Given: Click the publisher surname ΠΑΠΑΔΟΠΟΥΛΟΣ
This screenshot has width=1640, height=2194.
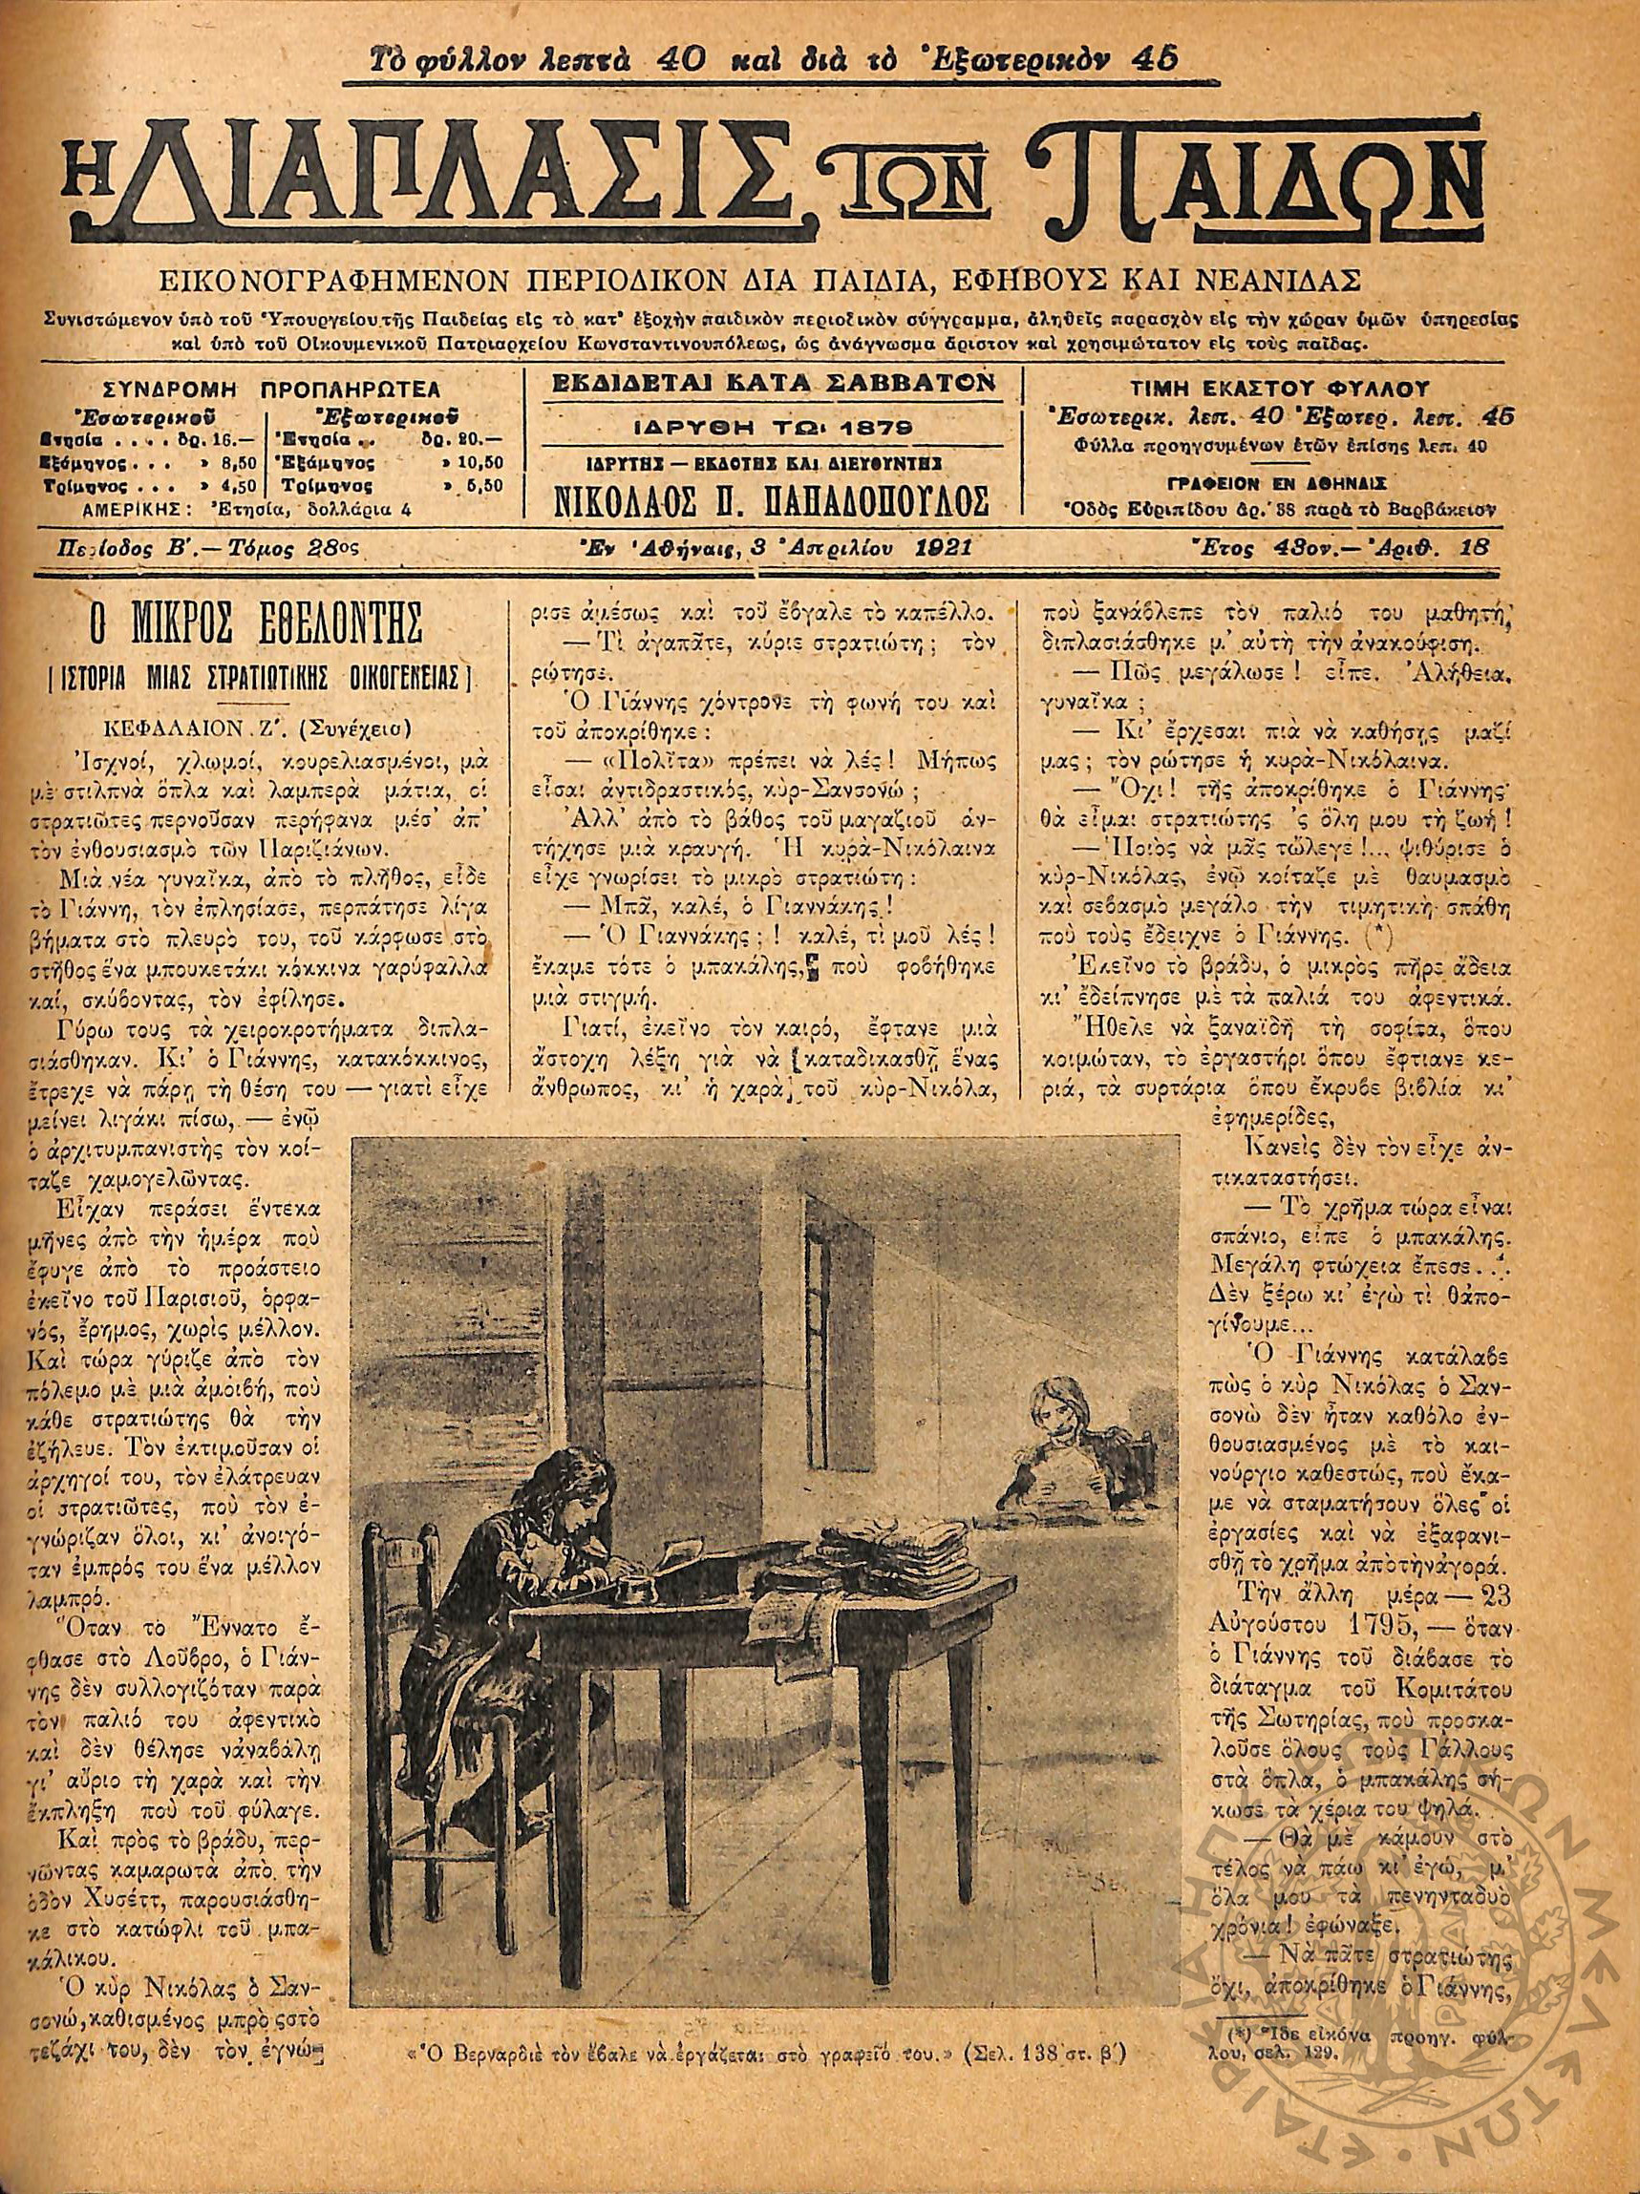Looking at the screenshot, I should point(869,502).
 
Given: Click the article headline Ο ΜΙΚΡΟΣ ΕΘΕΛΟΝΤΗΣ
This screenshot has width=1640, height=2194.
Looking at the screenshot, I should point(255,626).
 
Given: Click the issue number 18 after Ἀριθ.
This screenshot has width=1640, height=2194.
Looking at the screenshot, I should point(1480,546).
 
